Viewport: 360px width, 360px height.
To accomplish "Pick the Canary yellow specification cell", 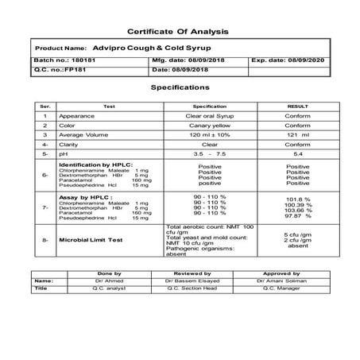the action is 210,126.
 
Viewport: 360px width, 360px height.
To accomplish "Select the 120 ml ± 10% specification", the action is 210,136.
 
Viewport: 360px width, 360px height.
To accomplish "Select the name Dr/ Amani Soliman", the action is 284,281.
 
